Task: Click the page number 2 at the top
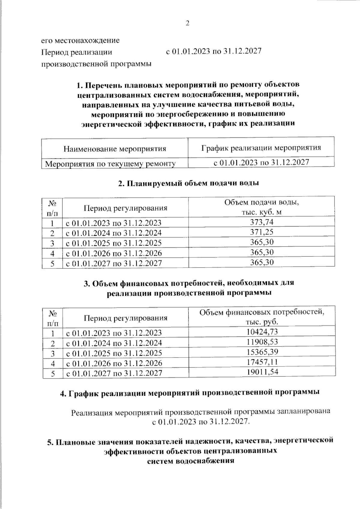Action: pyautogui.click(x=187, y=24)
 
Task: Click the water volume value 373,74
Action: pyautogui.click(x=262, y=222)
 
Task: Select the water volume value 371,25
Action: pyautogui.click(x=262, y=232)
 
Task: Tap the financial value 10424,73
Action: pyautogui.click(x=262, y=332)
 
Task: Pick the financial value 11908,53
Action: pyautogui.click(x=262, y=342)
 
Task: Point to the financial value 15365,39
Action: pyautogui.click(x=262, y=352)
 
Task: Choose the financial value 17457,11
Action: pyautogui.click(x=262, y=362)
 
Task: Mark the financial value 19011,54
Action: pyautogui.click(x=262, y=372)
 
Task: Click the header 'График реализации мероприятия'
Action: pyautogui.click(x=261, y=148)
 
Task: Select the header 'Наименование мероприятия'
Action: pyautogui.click(x=115, y=148)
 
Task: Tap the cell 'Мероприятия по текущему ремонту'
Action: pyautogui.click(x=110, y=164)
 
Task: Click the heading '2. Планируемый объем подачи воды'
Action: pyautogui.click(x=188, y=183)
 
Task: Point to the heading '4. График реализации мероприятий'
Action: pyautogui.click(x=189, y=393)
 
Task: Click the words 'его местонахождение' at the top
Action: pyautogui.click(x=80, y=40)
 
